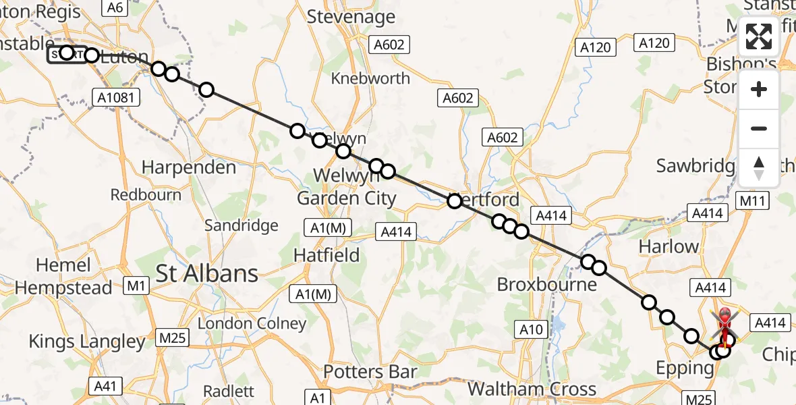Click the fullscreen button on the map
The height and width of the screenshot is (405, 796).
759,37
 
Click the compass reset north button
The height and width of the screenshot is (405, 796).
759,168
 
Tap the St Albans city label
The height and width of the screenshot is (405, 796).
207,273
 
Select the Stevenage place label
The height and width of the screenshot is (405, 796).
351,16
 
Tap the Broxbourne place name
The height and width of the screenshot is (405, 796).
546,284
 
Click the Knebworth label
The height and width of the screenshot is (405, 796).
370,78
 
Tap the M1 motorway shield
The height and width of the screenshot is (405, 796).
137,286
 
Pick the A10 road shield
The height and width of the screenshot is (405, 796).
532,329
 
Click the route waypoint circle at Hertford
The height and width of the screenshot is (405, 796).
455,200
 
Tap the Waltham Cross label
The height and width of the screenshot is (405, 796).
532,389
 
